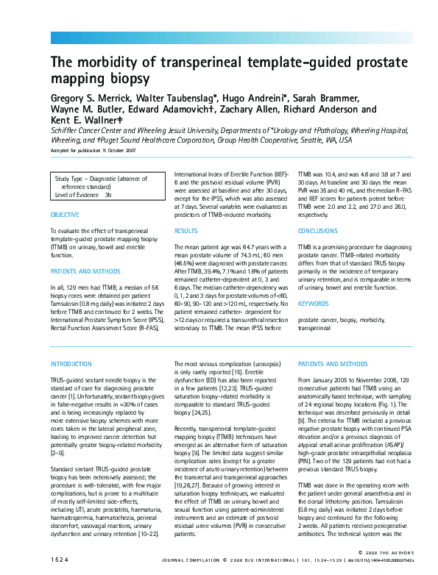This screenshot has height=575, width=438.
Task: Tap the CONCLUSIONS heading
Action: (317, 231)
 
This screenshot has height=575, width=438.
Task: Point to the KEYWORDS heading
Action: (313, 304)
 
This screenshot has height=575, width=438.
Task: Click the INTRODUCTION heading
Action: (71, 364)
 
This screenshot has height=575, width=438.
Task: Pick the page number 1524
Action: (60, 560)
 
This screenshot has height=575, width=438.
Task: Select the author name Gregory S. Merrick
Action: (92, 98)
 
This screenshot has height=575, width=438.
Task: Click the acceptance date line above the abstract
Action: (93, 150)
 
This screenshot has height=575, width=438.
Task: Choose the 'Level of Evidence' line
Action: (83, 195)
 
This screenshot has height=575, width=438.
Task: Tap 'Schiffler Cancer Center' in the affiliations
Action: (85, 129)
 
